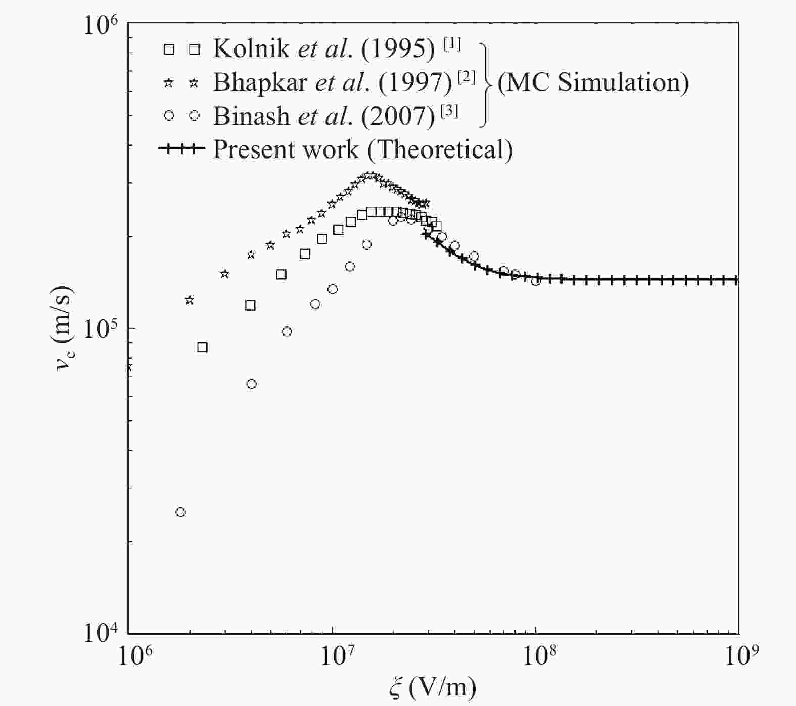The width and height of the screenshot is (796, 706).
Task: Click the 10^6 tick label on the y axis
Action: [103, 25]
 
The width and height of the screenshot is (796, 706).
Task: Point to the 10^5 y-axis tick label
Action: [103, 331]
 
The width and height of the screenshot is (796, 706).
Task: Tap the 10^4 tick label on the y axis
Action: [103, 633]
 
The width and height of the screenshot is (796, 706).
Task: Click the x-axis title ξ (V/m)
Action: [433, 687]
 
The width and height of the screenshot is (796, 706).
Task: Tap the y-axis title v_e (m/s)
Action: [65, 328]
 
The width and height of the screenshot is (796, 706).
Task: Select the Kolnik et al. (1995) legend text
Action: [323, 49]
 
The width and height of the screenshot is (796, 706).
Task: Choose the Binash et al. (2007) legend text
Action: [323, 116]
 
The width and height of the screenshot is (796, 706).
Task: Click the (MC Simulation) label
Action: [593, 82]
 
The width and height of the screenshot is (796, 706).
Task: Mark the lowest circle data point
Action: [180, 512]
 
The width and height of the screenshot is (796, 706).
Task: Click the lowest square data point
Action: [202, 347]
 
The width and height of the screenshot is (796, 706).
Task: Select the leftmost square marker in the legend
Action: [169, 49]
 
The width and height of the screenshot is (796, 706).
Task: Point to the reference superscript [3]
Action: [449, 111]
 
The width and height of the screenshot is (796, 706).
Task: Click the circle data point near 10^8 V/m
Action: [536, 280]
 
